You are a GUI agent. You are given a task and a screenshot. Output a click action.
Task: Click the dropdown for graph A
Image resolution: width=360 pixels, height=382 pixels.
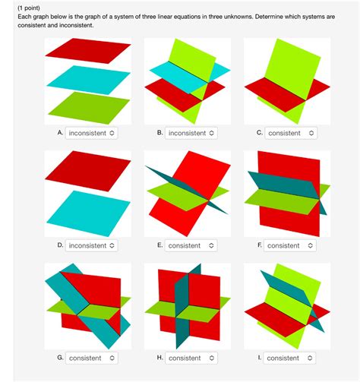pos(92,133)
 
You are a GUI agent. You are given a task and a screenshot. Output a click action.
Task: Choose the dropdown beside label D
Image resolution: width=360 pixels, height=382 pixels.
pos(92,245)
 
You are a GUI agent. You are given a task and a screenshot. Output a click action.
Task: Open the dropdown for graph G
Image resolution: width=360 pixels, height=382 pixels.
pos(92,358)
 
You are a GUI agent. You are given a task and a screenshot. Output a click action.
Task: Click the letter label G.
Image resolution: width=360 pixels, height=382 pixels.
pos(59,357)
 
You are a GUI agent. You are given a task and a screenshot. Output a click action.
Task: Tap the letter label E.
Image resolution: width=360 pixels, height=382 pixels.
pos(159,245)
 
